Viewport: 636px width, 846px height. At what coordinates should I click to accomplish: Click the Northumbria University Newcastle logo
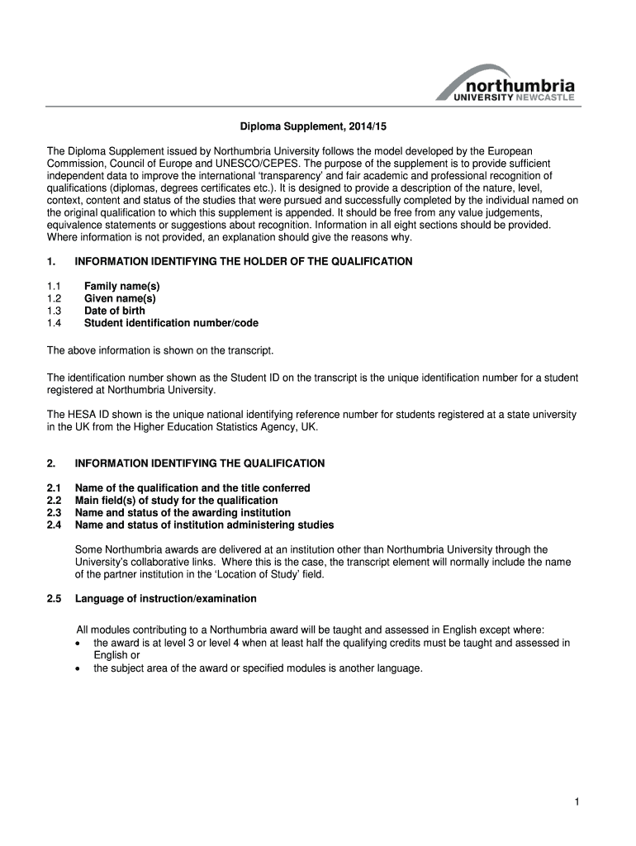(x=505, y=83)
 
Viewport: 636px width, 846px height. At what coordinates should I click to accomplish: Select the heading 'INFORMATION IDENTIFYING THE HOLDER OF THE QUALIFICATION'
(x=243, y=262)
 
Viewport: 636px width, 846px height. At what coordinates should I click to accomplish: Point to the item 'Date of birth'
(x=114, y=311)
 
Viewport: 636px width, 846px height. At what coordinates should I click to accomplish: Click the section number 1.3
(x=55, y=311)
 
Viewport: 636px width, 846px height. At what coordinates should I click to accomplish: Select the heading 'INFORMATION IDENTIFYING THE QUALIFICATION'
(x=199, y=463)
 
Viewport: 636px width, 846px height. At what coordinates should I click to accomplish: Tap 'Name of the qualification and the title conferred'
(x=192, y=488)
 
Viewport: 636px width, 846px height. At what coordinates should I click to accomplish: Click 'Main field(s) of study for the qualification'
(x=176, y=501)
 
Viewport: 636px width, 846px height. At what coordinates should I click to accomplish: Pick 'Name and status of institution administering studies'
(x=204, y=525)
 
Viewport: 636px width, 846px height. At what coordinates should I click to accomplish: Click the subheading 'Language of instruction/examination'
(x=165, y=598)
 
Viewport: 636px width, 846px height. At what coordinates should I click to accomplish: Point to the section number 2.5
(x=55, y=598)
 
